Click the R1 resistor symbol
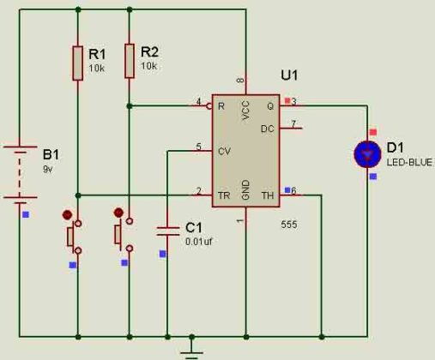point(78,62)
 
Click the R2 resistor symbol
point(130,61)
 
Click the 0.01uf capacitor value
point(199,242)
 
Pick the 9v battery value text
point(47,169)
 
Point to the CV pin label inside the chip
point(225,151)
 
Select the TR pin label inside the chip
point(224,195)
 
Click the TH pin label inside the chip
point(267,195)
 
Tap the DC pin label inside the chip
point(267,129)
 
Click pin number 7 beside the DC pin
point(293,123)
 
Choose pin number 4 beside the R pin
point(198,101)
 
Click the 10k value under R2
point(149,66)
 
